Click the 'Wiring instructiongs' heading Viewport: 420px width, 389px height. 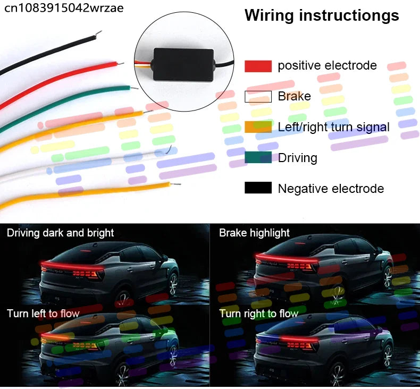[x=322, y=15]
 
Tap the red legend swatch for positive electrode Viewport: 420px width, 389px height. [x=258, y=66]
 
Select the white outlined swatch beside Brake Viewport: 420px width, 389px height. [x=258, y=97]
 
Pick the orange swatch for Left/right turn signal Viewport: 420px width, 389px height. [x=258, y=127]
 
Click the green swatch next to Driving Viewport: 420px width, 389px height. [x=258, y=157]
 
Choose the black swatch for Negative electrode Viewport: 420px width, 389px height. [x=258, y=188]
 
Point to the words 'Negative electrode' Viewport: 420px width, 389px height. [x=331, y=189]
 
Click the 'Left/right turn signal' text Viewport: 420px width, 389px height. [x=333, y=127]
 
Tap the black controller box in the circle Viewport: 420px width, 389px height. [x=183, y=64]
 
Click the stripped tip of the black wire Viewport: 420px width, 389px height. [x=99, y=33]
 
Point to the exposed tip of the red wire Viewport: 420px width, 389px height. [x=121, y=64]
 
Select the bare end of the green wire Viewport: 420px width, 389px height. [x=134, y=88]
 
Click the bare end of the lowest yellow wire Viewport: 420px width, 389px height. [x=175, y=184]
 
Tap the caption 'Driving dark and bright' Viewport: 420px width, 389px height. [x=61, y=233]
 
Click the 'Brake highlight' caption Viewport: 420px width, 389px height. [x=254, y=233]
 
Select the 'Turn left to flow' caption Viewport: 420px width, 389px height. [x=43, y=314]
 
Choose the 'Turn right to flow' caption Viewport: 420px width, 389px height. [x=259, y=314]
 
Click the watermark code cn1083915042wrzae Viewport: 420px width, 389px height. [x=64, y=8]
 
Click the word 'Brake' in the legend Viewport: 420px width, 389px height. [x=295, y=96]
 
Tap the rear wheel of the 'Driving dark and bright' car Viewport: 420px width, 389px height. [x=173, y=284]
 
